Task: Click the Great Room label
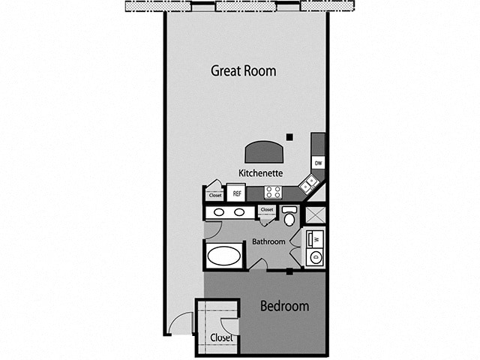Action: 243,71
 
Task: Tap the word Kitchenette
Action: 260,172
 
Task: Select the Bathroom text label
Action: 268,241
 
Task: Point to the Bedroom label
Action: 284,306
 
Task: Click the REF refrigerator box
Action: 237,193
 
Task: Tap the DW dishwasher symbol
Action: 318,163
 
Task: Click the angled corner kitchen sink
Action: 309,184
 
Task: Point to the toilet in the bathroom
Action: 289,217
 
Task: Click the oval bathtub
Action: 224,256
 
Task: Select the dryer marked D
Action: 315,258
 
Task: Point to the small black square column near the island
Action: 289,136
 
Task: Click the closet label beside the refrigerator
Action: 215,196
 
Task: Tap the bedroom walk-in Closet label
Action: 221,337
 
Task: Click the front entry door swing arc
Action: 181,324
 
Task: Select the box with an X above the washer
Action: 316,215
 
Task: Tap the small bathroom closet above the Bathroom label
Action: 267,213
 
